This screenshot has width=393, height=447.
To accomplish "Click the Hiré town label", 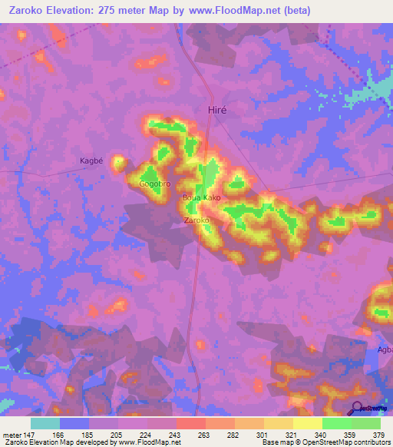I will tap(219, 110).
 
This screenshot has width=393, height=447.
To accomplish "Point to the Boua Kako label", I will tap(201, 198).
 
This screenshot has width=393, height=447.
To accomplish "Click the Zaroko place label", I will tap(197, 220).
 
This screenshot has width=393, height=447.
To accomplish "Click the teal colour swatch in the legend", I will tap(45, 423).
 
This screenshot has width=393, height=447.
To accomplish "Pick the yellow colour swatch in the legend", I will tap(307, 423).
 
